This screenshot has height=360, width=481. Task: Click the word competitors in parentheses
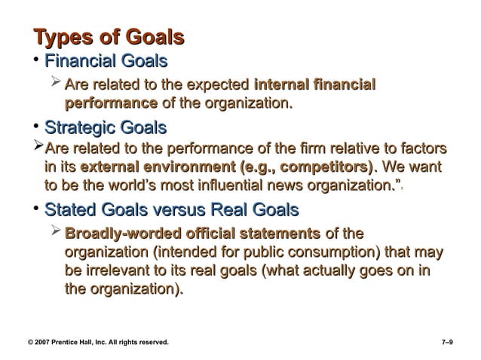(x=330, y=166)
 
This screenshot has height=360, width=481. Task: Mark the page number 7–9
(x=446, y=343)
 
